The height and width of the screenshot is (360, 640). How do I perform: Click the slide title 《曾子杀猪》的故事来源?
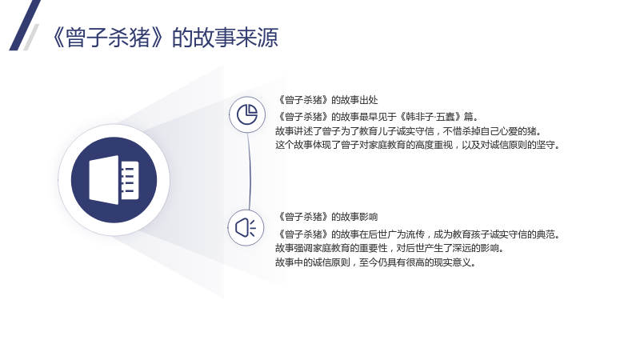coord(166,38)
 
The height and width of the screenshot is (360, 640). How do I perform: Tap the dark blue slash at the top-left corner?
coord(25,26)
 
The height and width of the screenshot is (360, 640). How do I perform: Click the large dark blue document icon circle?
coord(114,180)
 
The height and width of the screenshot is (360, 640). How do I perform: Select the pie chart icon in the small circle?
coord(247,114)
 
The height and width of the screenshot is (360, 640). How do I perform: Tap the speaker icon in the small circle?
coord(246,227)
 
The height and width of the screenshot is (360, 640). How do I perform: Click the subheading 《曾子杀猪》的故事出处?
coord(327,100)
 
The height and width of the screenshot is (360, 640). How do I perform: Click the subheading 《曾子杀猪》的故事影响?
coord(327,217)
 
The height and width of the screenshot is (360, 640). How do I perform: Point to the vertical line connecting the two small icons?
coord(249,171)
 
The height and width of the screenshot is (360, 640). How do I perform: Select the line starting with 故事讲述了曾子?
coord(409,131)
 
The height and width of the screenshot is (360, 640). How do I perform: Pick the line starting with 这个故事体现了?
coord(418,145)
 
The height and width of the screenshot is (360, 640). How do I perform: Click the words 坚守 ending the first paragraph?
coord(546,145)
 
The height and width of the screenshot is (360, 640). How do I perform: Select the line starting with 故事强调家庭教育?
coord(390,248)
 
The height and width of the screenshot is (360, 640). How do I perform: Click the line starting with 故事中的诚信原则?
coord(376,262)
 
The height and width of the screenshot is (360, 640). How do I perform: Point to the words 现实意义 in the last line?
coord(452,262)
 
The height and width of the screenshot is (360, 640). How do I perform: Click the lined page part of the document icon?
coord(130,180)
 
